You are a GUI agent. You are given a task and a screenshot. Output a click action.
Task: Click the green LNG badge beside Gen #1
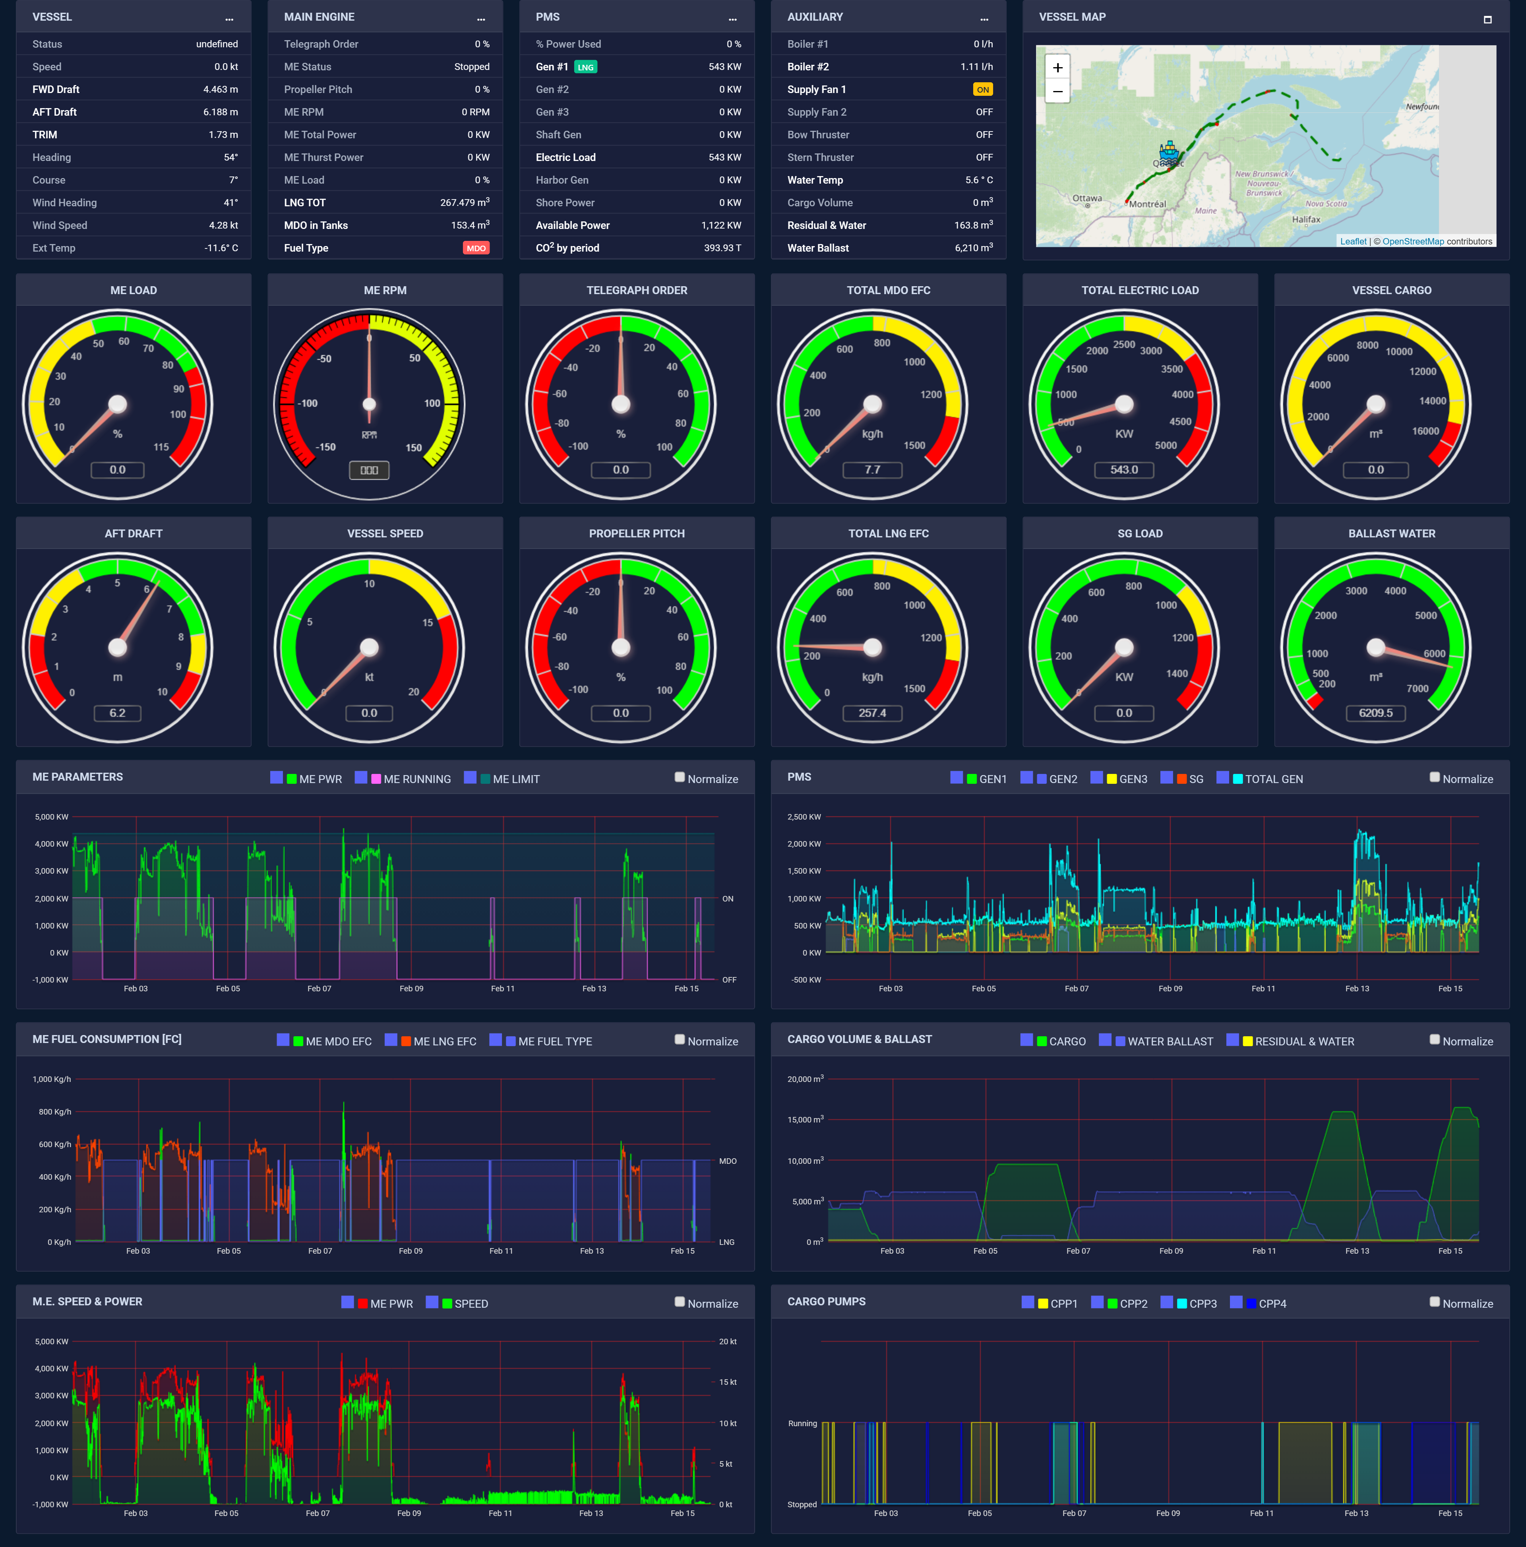tap(585, 67)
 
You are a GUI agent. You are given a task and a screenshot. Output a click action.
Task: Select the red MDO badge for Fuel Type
tap(476, 248)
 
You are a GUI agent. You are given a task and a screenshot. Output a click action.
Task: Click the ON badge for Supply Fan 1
tap(982, 90)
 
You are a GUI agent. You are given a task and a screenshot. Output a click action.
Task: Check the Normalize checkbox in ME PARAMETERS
tap(680, 777)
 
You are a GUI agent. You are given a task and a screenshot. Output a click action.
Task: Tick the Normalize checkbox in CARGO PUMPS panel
tap(1435, 1302)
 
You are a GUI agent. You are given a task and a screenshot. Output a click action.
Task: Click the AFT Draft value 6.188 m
tap(220, 112)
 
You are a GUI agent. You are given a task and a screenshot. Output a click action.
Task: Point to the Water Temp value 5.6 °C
tap(978, 180)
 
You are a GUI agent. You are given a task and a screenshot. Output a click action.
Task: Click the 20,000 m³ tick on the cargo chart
tap(805, 1080)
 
